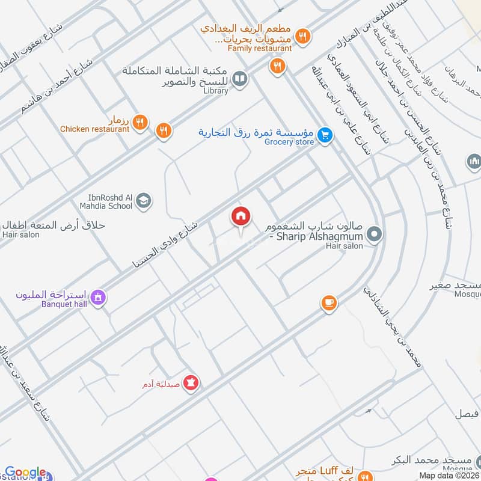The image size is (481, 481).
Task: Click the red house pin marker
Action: point(241,217)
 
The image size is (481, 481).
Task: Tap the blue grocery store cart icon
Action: point(325,135)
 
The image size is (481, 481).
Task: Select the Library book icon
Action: point(239,79)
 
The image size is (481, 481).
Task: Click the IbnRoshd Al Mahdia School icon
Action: point(143,201)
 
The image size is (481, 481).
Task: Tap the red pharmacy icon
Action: point(191,382)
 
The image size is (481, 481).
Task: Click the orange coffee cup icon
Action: point(328,303)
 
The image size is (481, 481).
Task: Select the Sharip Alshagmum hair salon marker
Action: point(374,234)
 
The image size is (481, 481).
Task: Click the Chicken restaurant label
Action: point(94,129)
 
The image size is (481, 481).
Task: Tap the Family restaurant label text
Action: point(260,48)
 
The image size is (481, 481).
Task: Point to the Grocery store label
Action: point(289,142)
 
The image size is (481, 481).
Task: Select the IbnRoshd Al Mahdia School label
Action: point(104,201)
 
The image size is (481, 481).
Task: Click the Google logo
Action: point(25,473)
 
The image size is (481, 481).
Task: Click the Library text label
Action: point(215,91)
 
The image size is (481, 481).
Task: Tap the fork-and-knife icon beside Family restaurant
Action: point(304,36)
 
